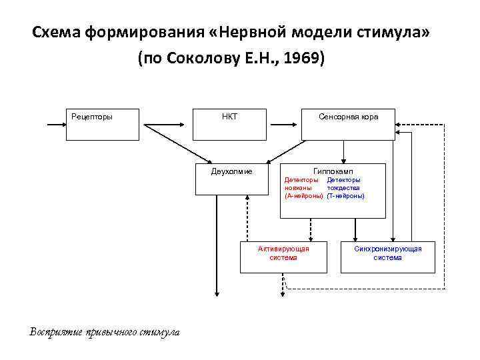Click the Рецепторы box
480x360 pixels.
[x=101, y=124]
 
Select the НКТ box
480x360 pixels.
[x=230, y=124]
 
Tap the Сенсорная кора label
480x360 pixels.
[x=348, y=117]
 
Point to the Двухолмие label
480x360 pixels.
[x=231, y=171]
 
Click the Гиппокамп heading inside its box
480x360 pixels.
[x=333, y=171]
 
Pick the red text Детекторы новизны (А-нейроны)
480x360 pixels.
[x=303, y=188]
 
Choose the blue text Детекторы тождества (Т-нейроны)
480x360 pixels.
[x=345, y=188]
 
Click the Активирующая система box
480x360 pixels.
[x=284, y=257]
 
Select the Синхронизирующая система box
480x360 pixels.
[x=387, y=257]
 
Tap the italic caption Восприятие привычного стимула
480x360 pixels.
[x=105, y=332]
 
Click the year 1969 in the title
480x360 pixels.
[x=303, y=59]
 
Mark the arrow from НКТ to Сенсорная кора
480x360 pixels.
[x=285, y=124]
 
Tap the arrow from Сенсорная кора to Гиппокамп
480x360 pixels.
[x=344, y=152]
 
